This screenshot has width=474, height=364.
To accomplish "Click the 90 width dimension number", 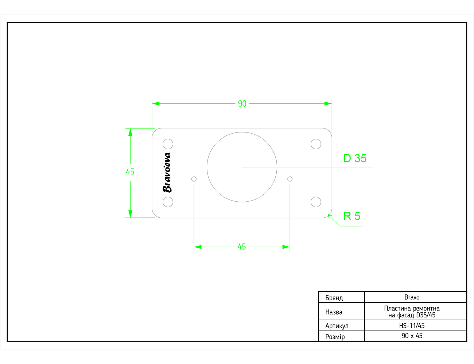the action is [x=242, y=104].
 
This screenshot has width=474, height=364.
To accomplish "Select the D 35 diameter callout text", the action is [x=355, y=158].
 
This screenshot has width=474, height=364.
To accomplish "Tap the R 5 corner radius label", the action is [x=352, y=216].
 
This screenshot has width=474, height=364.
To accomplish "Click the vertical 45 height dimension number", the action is [x=130, y=172].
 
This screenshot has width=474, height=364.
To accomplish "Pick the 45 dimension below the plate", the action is [x=242, y=247].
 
